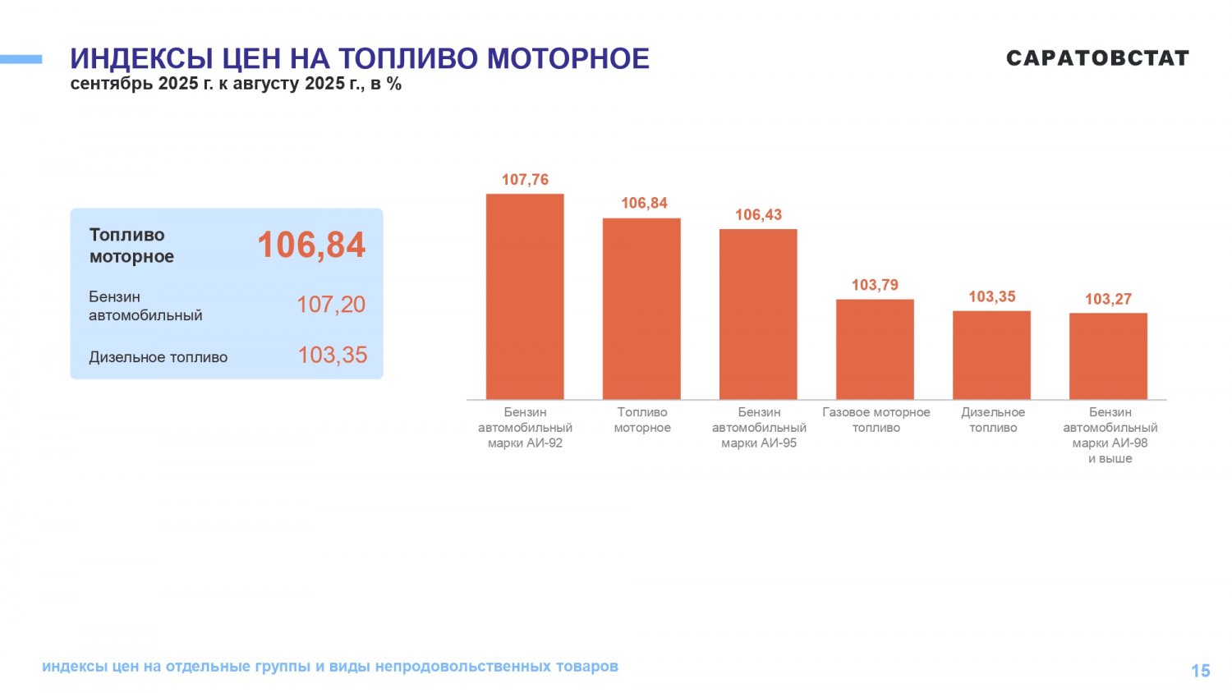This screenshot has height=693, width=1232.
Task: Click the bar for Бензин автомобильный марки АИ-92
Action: pos(525,296)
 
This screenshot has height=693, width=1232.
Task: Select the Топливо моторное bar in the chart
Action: pos(641,309)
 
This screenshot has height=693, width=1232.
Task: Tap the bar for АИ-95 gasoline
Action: pos(758,314)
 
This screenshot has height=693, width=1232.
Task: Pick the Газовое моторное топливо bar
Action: pos(875,349)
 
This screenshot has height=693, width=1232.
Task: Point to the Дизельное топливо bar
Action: pos(991,355)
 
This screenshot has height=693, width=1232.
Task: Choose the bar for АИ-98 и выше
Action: pos(1108,356)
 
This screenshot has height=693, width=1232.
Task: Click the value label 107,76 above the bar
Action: pos(525,180)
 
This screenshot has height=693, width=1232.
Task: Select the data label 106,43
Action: pos(758,215)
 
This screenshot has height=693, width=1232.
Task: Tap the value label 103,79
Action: pos(875,285)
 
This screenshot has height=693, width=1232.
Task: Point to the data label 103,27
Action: pos(1108,299)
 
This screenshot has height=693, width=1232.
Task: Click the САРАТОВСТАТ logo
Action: pos(1097,58)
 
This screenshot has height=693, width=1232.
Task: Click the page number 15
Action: pos(1200,671)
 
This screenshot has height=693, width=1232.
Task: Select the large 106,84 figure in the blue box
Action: pos(311,245)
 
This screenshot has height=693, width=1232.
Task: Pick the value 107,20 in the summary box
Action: pos(330,305)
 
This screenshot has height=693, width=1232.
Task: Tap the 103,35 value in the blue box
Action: pos(332,356)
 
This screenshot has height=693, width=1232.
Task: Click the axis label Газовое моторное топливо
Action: pos(876,420)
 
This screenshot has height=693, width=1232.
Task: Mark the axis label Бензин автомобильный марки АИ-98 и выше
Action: pos(1110,435)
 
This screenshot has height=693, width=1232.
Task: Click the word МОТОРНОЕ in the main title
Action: pos(568,59)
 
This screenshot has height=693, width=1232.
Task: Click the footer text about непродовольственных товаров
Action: pos(329,666)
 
